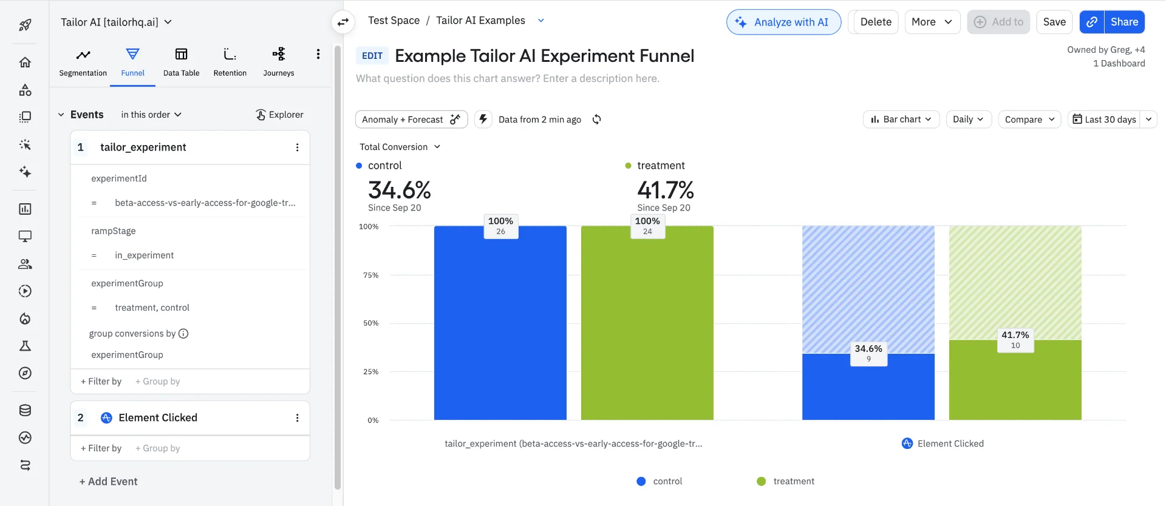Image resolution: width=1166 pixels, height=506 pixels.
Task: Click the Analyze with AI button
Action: (x=783, y=22)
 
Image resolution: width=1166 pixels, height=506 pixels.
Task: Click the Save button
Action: (x=1054, y=22)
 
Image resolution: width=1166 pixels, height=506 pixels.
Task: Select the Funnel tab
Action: (x=132, y=62)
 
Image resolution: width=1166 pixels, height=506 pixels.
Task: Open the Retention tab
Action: (x=230, y=62)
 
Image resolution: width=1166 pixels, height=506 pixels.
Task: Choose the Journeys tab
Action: (x=278, y=62)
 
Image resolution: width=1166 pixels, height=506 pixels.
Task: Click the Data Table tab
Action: (x=181, y=62)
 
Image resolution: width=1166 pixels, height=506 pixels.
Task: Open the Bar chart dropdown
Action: (x=901, y=120)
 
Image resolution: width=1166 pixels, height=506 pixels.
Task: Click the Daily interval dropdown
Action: (x=968, y=120)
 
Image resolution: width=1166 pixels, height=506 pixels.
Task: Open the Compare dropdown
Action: (x=1029, y=120)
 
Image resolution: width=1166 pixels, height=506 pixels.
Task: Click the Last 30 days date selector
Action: (x=1104, y=120)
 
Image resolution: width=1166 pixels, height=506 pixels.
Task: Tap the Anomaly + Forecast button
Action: (x=411, y=120)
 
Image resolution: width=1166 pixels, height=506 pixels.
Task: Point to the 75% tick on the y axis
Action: (x=370, y=275)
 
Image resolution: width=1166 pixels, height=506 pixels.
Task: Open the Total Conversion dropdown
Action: (x=400, y=147)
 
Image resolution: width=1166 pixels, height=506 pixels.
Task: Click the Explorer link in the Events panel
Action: (x=279, y=115)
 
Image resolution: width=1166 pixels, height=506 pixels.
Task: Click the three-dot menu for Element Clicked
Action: (x=297, y=418)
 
